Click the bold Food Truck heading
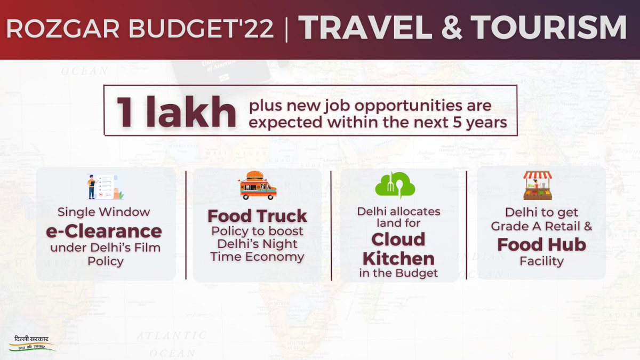click(257, 216)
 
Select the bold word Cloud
click(398, 239)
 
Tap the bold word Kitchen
click(398, 258)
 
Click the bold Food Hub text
click(541, 244)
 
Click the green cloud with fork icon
click(395, 185)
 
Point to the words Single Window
click(105, 212)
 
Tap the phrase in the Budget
click(398, 274)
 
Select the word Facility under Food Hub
click(541, 262)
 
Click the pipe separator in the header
click(287, 30)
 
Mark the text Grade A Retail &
click(541, 226)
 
